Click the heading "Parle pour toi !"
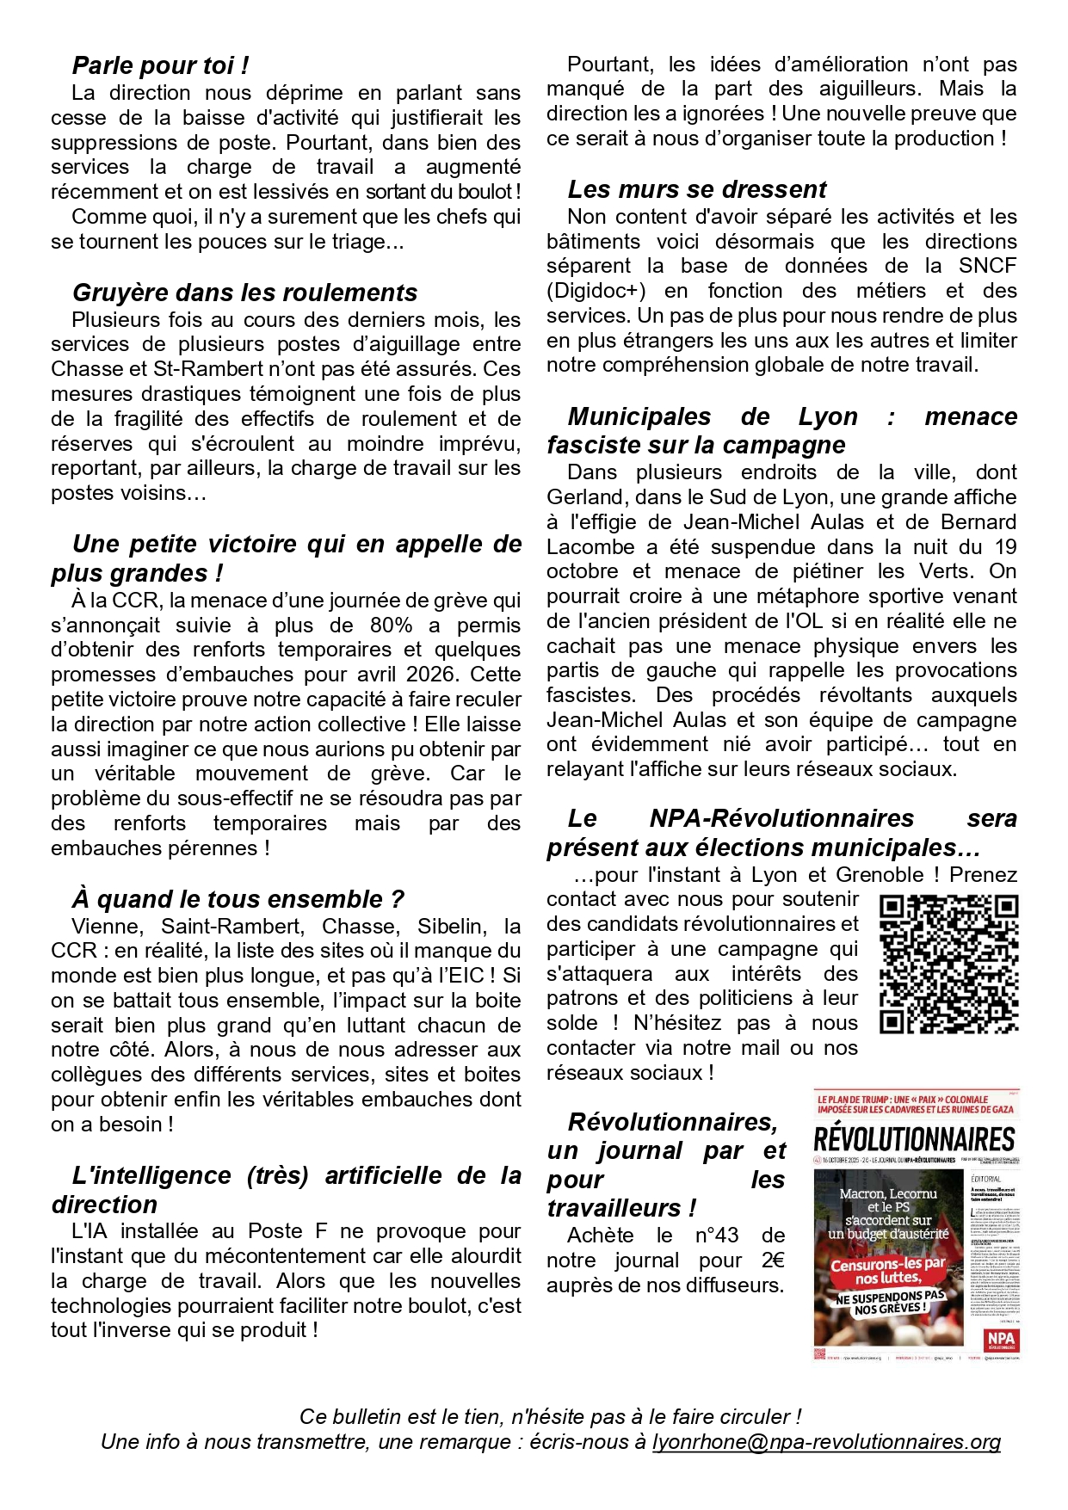[x=160, y=65]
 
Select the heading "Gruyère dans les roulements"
[x=244, y=293]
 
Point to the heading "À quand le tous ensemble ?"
[x=238, y=899]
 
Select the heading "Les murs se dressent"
[x=697, y=189]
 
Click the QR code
[x=948, y=964]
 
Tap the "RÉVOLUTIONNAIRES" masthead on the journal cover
[x=914, y=1140]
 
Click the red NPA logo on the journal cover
[x=1000, y=1339]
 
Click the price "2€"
[x=772, y=1260]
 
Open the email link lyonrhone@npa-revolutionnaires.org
[x=825, y=1442]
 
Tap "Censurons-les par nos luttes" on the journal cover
[x=888, y=1271]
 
